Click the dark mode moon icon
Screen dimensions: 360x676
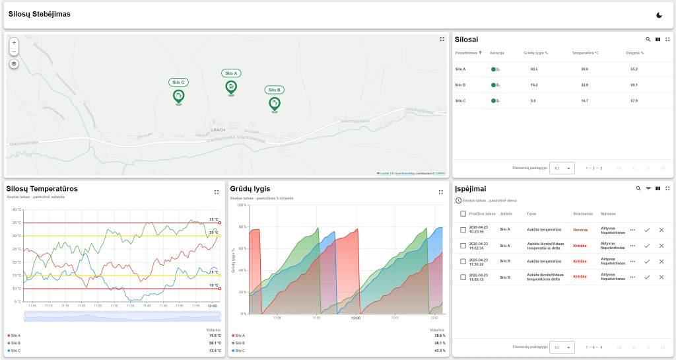(x=659, y=15)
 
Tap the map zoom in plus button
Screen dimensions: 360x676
(x=15, y=42)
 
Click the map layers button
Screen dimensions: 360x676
(x=15, y=64)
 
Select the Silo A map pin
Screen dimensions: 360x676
(x=231, y=87)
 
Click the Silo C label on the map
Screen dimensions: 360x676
(x=178, y=83)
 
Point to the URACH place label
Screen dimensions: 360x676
(x=218, y=129)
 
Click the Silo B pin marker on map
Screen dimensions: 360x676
(x=275, y=104)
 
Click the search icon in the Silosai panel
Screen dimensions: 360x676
(x=648, y=40)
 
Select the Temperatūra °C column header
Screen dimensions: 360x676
(x=585, y=52)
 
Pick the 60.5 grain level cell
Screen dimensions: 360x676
(x=534, y=69)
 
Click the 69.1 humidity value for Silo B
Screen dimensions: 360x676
(x=634, y=85)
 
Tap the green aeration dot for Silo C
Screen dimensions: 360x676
(x=493, y=101)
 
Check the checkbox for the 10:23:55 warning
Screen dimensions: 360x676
(x=463, y=230)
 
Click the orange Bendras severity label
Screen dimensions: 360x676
(x=580, y=230)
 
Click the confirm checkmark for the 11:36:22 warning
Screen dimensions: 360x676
(x=647, y=261)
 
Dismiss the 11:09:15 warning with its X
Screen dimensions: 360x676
(x=661, y=277)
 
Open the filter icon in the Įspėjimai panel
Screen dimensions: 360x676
(x=648, y=188)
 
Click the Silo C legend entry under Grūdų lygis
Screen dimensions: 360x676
(x=240, y=351)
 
